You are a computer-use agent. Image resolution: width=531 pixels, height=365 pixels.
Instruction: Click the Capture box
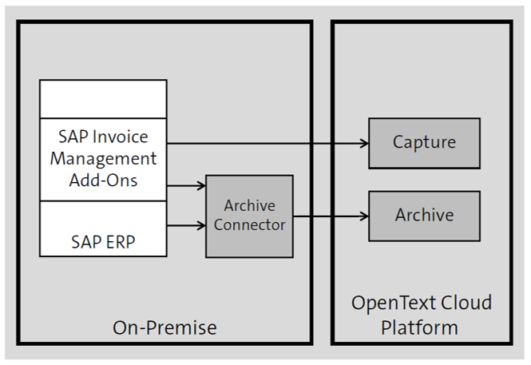point(424,143)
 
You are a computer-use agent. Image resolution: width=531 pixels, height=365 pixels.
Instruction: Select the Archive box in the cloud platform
point(424,216)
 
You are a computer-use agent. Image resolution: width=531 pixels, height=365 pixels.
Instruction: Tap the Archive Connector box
point(249,216)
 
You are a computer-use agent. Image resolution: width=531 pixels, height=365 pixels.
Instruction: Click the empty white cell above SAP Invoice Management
point(103,99)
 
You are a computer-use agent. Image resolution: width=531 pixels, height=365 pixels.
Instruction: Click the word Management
point(103,157)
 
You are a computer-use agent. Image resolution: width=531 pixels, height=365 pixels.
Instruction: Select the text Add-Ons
point(103,179)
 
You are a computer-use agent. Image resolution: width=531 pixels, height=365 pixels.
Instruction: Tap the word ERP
point(118,240)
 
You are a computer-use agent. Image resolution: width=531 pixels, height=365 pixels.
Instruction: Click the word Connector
point(249,225)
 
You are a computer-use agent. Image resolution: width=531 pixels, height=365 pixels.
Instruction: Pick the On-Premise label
point(164,327)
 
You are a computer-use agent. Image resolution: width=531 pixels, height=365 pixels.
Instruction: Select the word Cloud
point(466,304)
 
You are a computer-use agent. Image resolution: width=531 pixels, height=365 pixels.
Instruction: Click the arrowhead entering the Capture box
point(363,143)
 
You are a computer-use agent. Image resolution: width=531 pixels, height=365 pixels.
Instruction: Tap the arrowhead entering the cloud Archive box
point(363,216)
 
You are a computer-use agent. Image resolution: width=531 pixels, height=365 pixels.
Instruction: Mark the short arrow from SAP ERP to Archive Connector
point(185,226)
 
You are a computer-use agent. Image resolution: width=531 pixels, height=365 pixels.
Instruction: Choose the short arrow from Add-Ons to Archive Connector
point(185,186)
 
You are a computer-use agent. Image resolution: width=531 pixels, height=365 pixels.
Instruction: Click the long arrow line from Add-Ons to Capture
point(264,143)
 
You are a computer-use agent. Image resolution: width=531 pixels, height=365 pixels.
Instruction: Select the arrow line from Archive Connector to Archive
point(327,216)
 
